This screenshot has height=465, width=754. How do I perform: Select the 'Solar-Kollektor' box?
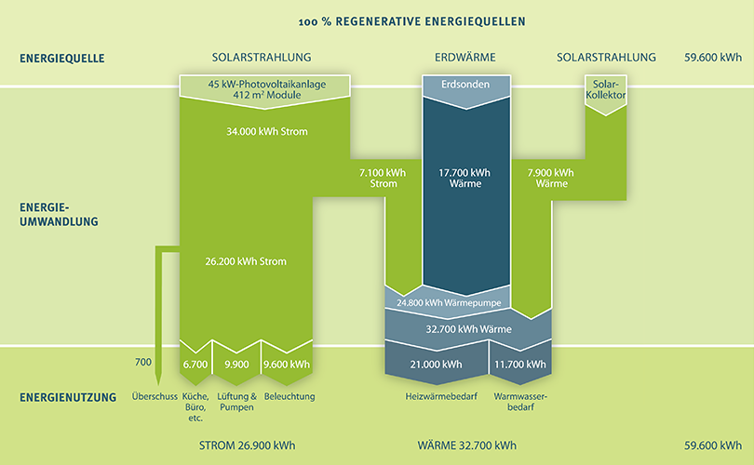pos(604,90)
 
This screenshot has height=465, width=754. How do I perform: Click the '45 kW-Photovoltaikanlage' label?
pos(267,84)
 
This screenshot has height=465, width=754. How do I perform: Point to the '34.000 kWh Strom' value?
pos(266,131)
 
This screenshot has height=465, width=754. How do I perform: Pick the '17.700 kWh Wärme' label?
pos(465,178)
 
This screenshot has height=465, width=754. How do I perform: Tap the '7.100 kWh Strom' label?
pos(378,178)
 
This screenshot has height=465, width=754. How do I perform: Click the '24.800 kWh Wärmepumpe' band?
pos(446,301)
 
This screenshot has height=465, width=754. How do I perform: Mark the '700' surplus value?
pos(142,361)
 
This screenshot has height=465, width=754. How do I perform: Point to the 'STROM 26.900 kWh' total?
pos(248,445)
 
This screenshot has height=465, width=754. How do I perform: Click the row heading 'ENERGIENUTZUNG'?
pos(68,398)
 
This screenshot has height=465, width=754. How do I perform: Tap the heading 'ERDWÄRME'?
pos(465,58)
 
